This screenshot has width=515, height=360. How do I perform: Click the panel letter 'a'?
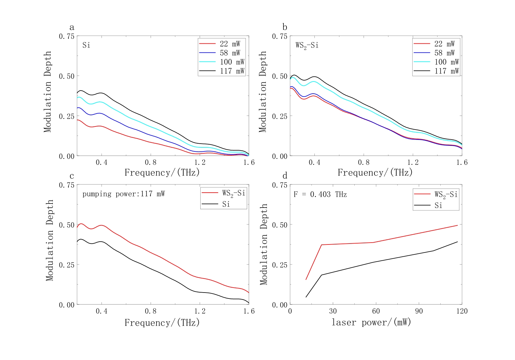(72, 27)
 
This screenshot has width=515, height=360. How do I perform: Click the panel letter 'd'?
(285, 176)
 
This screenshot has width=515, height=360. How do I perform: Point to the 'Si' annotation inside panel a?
(86, 45)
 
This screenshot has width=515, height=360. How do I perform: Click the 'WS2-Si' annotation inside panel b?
(307, 46)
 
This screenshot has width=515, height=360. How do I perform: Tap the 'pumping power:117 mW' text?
(123, 194)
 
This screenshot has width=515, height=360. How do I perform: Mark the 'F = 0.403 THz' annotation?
(320, 195)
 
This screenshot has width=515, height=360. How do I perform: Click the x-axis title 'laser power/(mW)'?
(371, 322)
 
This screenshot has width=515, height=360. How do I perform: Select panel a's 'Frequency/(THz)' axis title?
(162, 173)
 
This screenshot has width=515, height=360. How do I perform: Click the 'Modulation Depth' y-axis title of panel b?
(263, 92)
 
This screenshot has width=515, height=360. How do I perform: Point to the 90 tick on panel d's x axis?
(419, 311)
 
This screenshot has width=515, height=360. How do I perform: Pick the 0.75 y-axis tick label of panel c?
(67, 185)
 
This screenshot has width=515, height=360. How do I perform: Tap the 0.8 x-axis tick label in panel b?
(363, 162)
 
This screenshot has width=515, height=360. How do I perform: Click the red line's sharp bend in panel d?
(321, 245)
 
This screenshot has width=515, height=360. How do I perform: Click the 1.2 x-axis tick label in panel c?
(200, 311)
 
